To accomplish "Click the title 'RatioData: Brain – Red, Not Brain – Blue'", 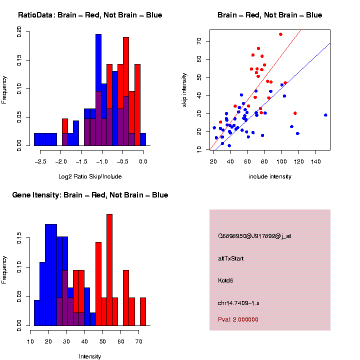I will coord(90,15).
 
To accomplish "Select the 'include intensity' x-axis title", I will coord(270,176).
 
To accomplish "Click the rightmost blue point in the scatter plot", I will coord(325,115).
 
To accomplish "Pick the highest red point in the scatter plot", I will coord(280,34).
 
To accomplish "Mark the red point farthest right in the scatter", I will coord(295,113).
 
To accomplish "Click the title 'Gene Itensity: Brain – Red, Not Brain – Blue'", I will coord(90,195).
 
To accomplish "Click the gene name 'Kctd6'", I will coord(226,280).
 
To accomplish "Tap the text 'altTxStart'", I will coord(231,258).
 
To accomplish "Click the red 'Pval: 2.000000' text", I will coord(238,319).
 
